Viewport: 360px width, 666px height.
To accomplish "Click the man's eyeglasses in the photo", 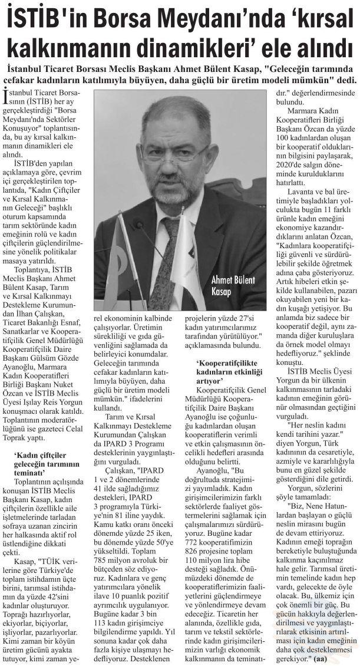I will (x=175, y=151).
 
